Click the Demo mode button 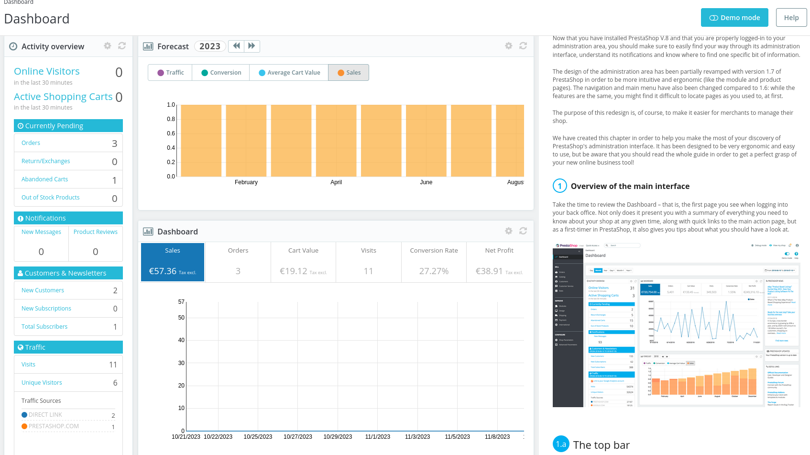click(x=734, y=18)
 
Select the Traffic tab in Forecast click(x=170, y=73)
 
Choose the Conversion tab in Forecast click(x=221, y=73)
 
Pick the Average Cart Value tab click(x=289, y=73)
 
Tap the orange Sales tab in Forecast click(x=349, y=73)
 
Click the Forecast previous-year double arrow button click(x=236, y=46)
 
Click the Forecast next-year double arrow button click(x=252, y=46)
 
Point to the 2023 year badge click(x=209, y=46)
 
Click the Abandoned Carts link click(x=44, y=179)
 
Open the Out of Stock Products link click(x=50, y=198)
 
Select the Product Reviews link click(x=95, y=232)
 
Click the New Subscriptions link click(x=46, y=309)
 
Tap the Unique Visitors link click(x=42, y=383)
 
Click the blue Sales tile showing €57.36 click(x=173, y=262)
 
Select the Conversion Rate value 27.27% click(x=434, y=271)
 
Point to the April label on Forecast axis click(x=336, y=182)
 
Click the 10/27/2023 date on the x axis click(x=297, y=437)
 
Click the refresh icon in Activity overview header click(x=122, y=46)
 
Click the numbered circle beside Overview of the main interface click(x=559, y=186)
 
